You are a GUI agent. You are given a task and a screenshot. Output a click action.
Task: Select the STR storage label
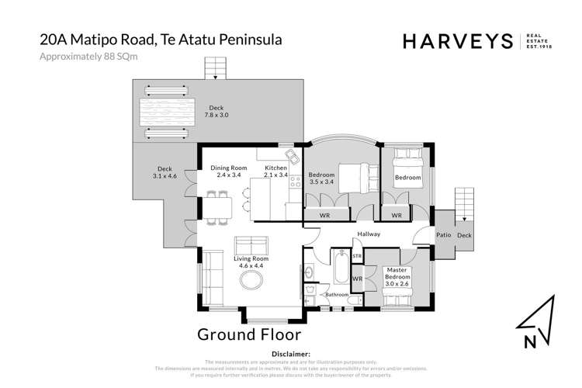(357, 255)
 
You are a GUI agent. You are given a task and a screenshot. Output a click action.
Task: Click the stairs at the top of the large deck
(214, 68)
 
